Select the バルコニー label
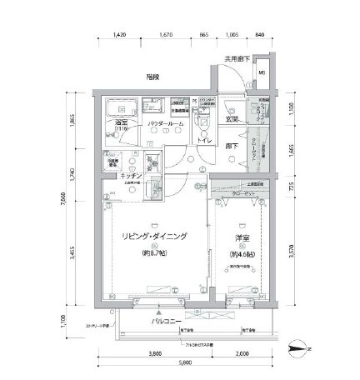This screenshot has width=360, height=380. tap(167, 320)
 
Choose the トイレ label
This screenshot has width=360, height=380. tap(203, 140)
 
